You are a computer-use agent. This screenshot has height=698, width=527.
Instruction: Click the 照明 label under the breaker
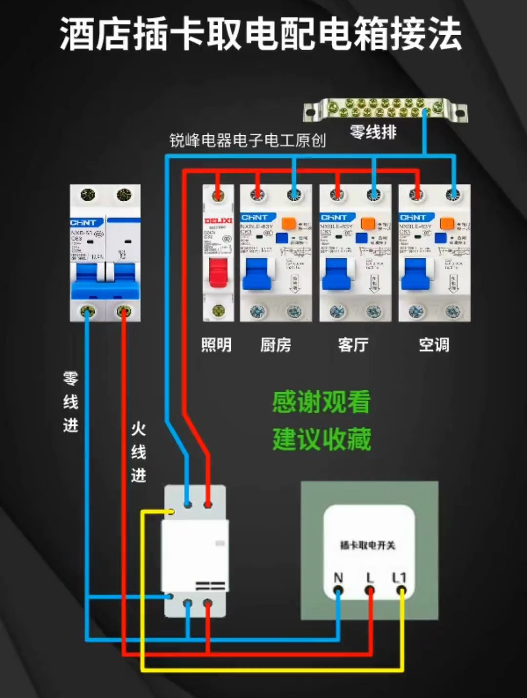216,345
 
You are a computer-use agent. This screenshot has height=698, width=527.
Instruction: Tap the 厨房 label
276,345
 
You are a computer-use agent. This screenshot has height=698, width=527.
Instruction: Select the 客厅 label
353,345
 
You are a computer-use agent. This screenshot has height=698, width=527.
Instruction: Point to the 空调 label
434,345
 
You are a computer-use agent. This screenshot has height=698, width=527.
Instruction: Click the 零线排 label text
373,132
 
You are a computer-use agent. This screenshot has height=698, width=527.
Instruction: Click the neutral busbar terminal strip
385,109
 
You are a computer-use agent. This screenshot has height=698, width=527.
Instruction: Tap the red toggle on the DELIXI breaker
218,273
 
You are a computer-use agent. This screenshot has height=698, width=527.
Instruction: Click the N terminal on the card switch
338,591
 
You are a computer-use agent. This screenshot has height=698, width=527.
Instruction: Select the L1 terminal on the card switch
401,591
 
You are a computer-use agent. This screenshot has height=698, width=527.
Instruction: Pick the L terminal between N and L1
370,591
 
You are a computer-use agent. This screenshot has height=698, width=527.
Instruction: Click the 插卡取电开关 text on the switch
367,545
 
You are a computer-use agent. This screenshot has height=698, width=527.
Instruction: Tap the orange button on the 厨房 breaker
288,224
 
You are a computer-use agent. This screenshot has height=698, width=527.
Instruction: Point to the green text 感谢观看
322,402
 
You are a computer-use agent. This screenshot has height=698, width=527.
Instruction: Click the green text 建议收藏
322,439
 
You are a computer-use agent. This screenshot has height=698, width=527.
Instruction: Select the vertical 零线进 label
71,402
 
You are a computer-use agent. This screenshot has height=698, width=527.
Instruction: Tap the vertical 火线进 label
139,452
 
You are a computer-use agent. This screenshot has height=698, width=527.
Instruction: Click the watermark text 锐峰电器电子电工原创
247,141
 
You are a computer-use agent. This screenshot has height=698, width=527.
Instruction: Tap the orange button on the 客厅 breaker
368,224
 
